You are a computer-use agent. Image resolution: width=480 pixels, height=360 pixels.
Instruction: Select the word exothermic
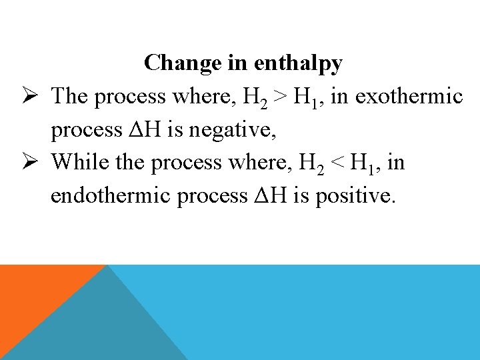pos(409,97)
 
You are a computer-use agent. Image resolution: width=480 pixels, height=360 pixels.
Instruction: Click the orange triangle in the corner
pos(33,293)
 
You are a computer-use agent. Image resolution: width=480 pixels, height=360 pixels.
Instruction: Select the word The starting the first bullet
pos(70,97)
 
